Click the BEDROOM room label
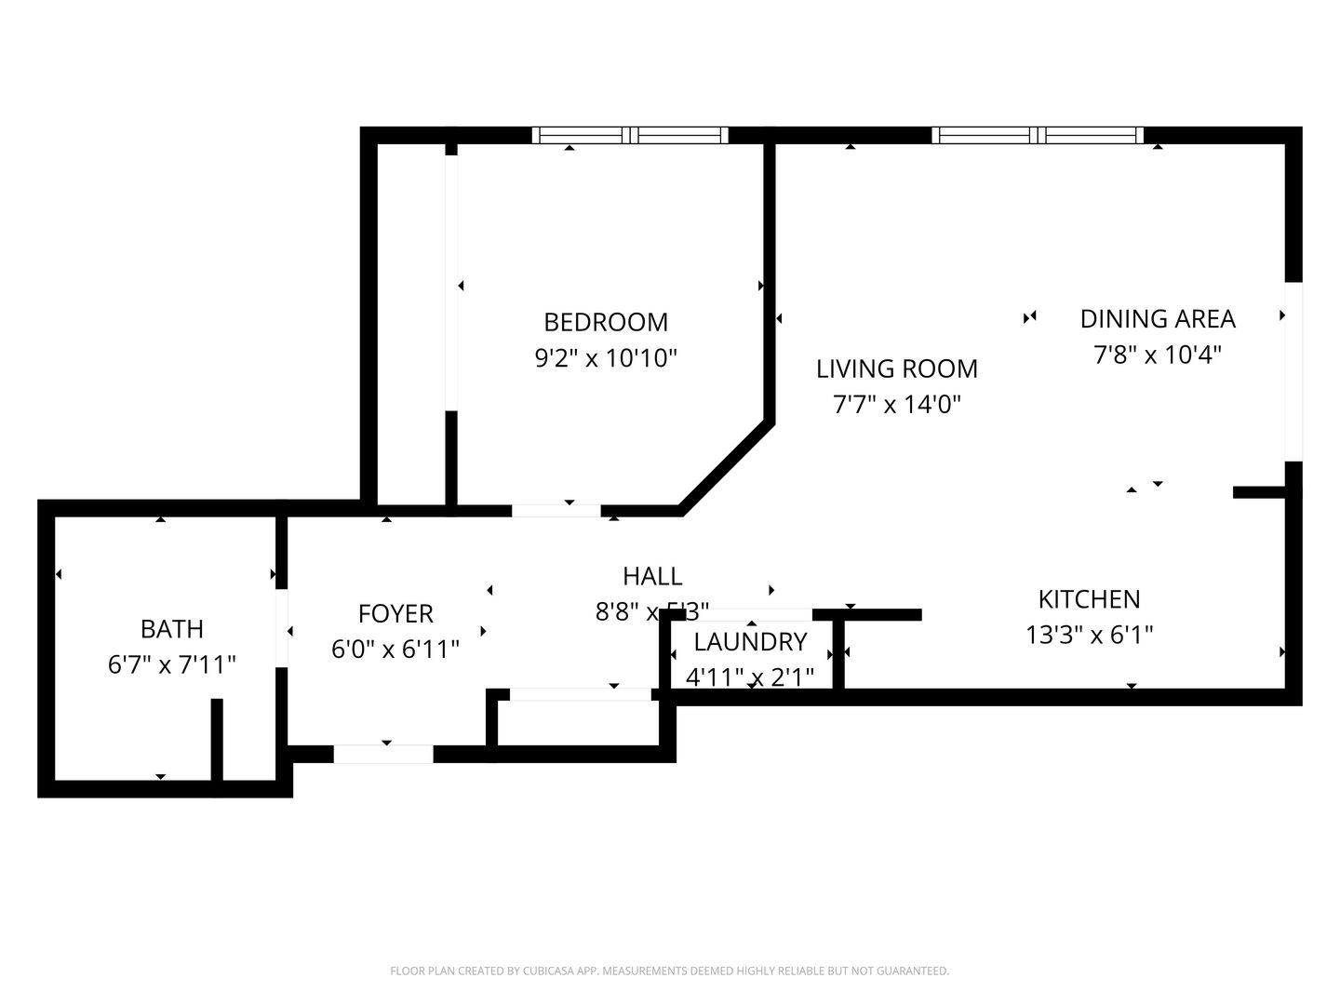click(606, 322)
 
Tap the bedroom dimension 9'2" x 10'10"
click(606, 357)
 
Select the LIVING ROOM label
click(897, 368)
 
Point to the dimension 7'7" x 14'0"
click(897, 404)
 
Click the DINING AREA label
click(1158, 318)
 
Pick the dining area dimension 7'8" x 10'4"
click(1158, 355)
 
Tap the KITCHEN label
click(1090, 598)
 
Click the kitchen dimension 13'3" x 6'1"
click(1090, 635)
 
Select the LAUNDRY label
click(750, 641)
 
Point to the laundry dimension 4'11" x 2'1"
click(750, 677)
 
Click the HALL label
click(652, 576)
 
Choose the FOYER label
click(395, 613)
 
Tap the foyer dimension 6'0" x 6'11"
click(395, 649)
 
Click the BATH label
click(172, 629)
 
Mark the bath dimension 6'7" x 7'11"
click(172, 664)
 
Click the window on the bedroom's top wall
click(630, 135)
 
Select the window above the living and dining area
click(1038, 135)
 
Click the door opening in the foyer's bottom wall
click(383, 754)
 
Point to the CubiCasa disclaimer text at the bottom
click(669, 971)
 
